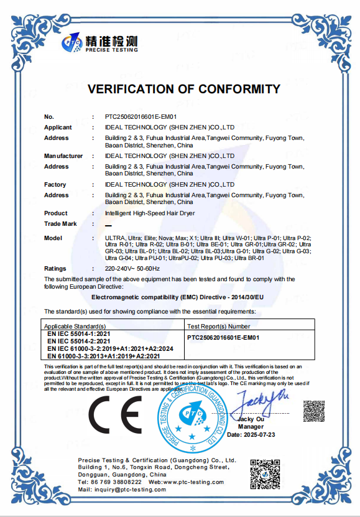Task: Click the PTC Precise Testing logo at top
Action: [99, 43]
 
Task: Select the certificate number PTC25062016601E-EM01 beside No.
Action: [141, 116]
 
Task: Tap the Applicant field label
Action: [58, 127]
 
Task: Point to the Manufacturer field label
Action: [63, 156]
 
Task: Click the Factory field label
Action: [55, 185]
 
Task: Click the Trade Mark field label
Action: [60, 223]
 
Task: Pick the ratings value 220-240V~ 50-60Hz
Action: [132, 268]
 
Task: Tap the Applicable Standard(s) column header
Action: [75, 325]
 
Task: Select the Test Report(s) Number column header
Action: [219, 325]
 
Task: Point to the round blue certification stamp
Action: [192, 416]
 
